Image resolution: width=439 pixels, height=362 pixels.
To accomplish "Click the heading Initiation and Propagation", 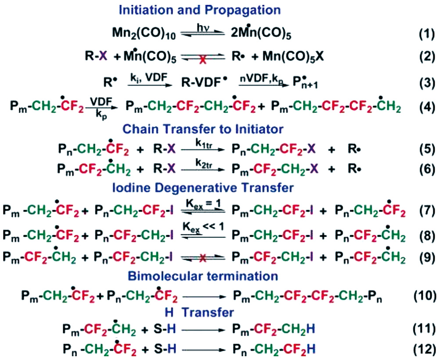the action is click(200, 10).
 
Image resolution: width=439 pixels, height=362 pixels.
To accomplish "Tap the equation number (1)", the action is click(427, 34).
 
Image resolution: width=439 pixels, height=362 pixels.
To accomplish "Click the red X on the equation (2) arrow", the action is click(203, 59).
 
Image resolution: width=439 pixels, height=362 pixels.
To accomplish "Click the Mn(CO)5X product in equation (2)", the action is click(293, 57).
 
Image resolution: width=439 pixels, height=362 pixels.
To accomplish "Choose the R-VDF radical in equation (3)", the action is click(204, 82).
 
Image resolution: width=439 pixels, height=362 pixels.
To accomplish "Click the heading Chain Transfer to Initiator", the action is click(203, 129).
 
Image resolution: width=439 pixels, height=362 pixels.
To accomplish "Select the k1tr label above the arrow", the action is click(204, 143).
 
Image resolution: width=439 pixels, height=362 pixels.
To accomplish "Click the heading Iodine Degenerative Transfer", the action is click(203, 187).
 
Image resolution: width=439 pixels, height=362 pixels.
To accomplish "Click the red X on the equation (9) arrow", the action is click(203, 258).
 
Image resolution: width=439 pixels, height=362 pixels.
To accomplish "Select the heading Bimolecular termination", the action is click(203, 276).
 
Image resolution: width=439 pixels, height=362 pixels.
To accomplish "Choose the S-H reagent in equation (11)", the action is click(165, 329).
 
